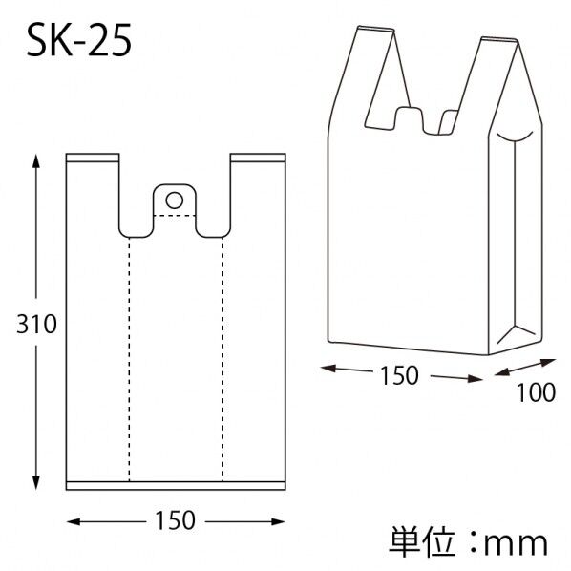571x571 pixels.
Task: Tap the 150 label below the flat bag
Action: (x=175, y=520)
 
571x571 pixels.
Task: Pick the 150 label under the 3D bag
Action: (x=399, y=375)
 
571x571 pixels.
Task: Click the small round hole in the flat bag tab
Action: (x=174, y=201)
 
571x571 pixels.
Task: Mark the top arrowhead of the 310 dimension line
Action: (x=36, y=162)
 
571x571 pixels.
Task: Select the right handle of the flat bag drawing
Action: (x=257, y=191)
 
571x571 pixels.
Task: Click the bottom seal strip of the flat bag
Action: (x=175, y=484)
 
